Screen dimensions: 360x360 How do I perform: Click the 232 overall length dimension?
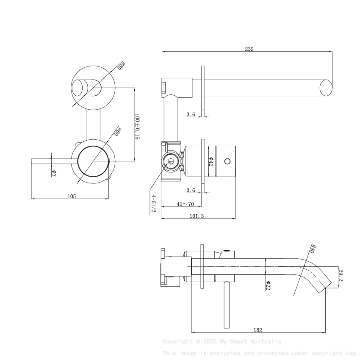[x=249, y=49]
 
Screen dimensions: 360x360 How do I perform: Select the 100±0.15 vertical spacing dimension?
[x=137, y=126]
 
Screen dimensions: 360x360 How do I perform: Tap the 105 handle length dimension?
[x=72, y=196]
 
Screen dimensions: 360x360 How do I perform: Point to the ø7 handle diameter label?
[x=54, y=173]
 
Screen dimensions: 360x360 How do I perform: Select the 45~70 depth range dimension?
[x=185, y=204]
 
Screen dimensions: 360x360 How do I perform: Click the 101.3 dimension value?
[x=197, y=216]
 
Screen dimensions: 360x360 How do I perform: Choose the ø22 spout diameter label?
[x=268, y=285]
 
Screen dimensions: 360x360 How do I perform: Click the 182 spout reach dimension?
[x=258, y=330]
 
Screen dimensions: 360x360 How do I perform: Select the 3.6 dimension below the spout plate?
[x=191, y=114]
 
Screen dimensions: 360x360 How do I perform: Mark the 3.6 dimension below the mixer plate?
[x=191, y=191]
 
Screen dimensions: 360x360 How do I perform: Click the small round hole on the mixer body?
[x=227, y=161]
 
